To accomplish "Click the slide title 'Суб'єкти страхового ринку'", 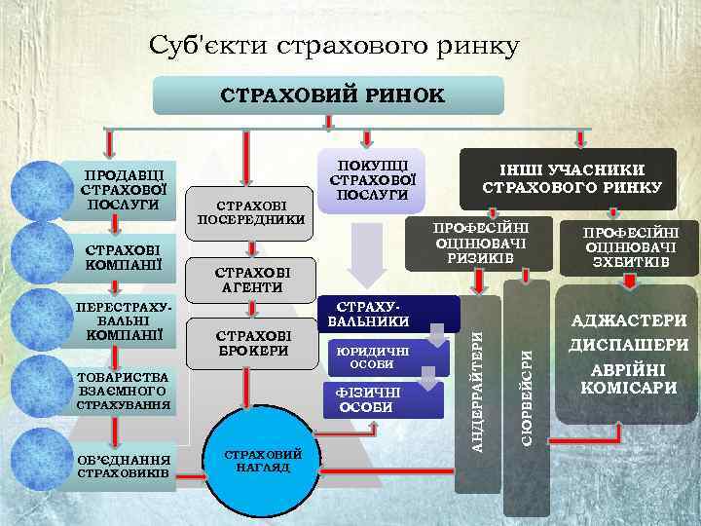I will [x=334, y=45].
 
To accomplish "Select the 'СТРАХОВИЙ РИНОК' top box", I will [x=329, y=96].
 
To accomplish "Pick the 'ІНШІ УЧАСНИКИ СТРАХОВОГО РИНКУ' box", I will [x=572, y=177].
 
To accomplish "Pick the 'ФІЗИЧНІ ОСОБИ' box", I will [x=370, y=399].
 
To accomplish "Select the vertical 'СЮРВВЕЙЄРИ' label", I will [x=526, y=390].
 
